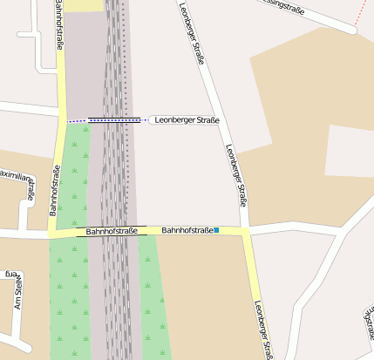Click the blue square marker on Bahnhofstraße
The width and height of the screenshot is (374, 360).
[x=216, y=230]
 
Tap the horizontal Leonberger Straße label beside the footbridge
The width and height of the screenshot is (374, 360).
[x=187, y=120]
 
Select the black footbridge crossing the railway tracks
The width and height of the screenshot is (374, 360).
[x=114, y=120]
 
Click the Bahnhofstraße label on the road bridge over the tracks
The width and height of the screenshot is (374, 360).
[x=112, y=232]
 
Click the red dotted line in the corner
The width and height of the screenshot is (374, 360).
[x=364, y=11]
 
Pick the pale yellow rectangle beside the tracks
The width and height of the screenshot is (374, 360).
[x=85, y=5]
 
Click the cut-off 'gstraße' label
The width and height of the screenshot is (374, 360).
[x=369, y=323]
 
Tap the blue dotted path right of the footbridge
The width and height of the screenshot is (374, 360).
[x=146, y=120]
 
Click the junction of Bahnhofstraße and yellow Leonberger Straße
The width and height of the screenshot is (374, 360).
[x=248, y=231]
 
